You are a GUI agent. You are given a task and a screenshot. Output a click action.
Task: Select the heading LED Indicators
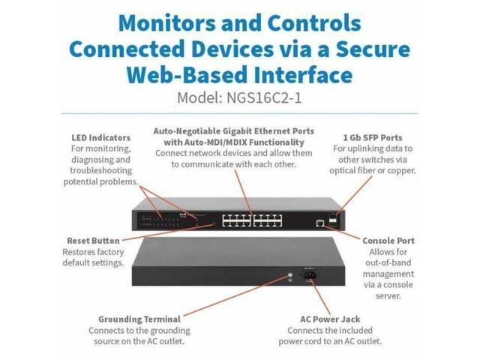click(x=100, y=138)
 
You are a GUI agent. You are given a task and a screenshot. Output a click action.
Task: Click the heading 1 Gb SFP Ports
click(x=373, y=138)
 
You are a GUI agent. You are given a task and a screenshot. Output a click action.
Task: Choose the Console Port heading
click(x=388, y=241)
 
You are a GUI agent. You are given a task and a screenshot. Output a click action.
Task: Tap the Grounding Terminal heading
click(x=139, y=319)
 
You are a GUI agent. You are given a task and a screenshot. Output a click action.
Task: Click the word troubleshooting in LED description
click(x=100, y=170)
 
